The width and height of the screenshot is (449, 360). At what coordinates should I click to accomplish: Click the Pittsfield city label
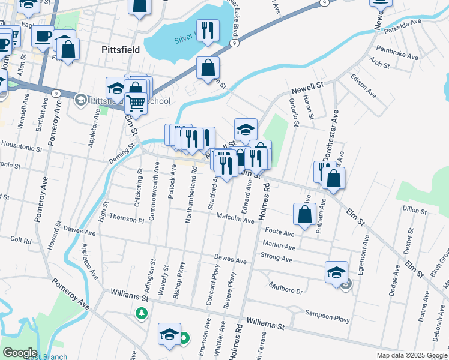121,50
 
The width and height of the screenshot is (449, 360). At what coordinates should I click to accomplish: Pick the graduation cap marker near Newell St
246,129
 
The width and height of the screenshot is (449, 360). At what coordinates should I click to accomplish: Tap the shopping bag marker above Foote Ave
305,215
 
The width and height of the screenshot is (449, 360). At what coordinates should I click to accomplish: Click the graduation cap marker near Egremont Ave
336,272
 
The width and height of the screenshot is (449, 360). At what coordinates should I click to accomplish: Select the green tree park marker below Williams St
142,313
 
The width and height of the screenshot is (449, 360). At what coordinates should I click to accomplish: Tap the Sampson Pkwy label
327,316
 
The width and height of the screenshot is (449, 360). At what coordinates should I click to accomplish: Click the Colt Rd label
20,239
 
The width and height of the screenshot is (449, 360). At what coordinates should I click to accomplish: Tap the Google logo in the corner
19,352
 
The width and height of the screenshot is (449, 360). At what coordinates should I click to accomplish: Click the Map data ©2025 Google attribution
411,355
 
